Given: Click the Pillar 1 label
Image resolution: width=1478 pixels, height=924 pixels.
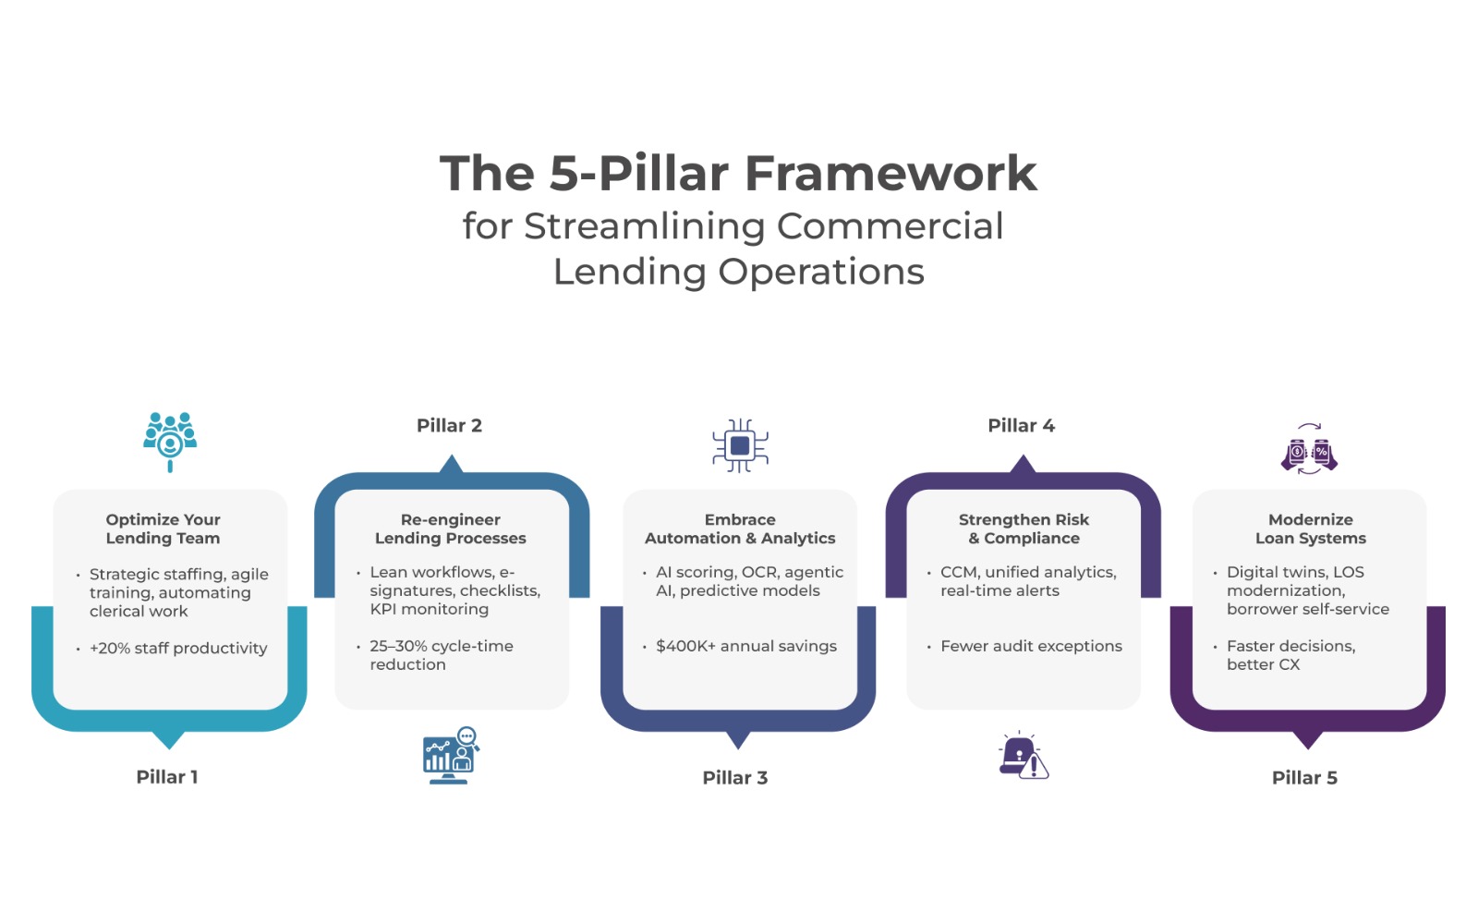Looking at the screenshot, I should [167, 777].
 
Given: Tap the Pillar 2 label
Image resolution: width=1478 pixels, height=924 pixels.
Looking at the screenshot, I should [449, 426].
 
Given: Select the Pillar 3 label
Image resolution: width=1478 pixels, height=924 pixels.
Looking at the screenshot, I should [735, 778].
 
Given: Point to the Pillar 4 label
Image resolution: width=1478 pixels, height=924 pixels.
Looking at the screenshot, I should [1021, 426].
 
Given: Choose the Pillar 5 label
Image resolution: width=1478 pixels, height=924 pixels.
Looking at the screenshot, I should [1304, 778].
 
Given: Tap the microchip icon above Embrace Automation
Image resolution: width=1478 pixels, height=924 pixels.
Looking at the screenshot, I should [740, 445].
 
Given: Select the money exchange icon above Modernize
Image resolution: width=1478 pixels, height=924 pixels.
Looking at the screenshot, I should [1309, 450].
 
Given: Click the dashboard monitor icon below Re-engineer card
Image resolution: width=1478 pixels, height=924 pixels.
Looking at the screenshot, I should [451, 756].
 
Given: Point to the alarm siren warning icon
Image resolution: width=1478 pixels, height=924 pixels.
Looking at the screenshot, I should [1024, 756].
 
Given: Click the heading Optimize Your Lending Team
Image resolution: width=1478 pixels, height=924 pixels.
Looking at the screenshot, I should [164, 529].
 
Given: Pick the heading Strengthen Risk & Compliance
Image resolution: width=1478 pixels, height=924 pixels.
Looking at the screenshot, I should [1024, 529].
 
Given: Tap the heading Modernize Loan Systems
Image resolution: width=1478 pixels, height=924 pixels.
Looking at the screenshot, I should [1310, 529].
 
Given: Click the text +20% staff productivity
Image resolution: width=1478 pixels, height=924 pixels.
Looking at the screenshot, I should [178, 649].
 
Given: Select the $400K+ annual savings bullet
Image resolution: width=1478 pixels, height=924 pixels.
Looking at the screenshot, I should [746, 647].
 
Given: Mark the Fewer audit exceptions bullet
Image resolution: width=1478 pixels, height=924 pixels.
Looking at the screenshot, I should [1031, 647].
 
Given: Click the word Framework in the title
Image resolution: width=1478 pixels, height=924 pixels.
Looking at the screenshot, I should [890, 174].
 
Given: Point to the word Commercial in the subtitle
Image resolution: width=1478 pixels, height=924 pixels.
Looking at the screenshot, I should [890, 226].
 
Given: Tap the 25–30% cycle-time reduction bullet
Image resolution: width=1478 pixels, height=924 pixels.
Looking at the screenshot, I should [442, 655].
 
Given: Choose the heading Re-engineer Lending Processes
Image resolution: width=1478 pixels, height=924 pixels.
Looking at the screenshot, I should [451, 529].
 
